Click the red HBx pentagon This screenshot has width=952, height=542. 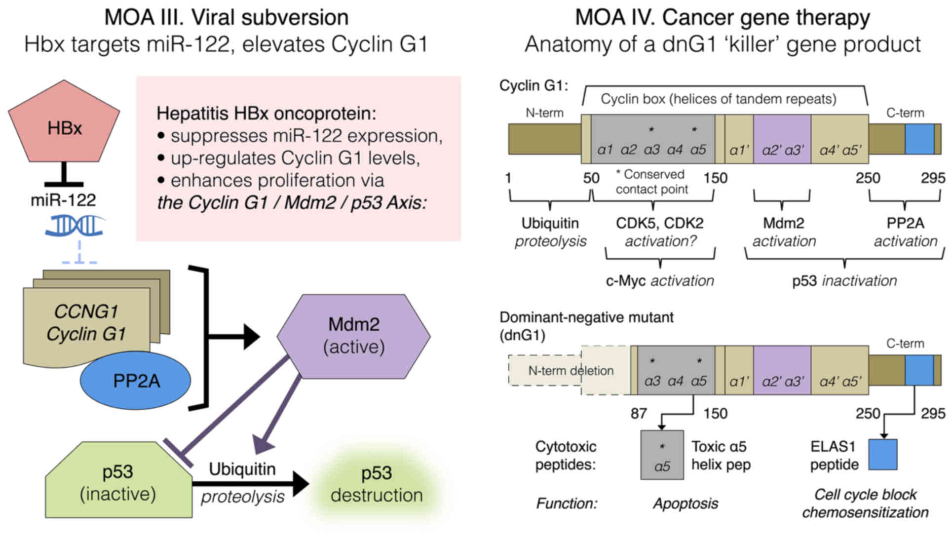64,126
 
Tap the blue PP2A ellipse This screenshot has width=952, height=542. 136,381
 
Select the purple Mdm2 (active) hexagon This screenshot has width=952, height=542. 353,336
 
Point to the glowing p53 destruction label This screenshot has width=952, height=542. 377,484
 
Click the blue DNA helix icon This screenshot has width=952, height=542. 74,226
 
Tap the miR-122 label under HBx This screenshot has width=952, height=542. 63,200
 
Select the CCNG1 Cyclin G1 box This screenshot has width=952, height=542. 86,323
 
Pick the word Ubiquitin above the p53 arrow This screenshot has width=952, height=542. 242,469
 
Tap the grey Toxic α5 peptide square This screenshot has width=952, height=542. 662,455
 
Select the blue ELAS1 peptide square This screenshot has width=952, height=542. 882,454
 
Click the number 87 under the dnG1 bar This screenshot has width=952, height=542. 639,413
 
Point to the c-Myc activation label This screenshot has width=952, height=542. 659,281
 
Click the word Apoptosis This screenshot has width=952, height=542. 685,503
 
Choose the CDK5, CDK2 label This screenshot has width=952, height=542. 659,223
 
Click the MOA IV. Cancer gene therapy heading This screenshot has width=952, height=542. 722,18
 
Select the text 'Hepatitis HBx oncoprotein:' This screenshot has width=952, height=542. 266,114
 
